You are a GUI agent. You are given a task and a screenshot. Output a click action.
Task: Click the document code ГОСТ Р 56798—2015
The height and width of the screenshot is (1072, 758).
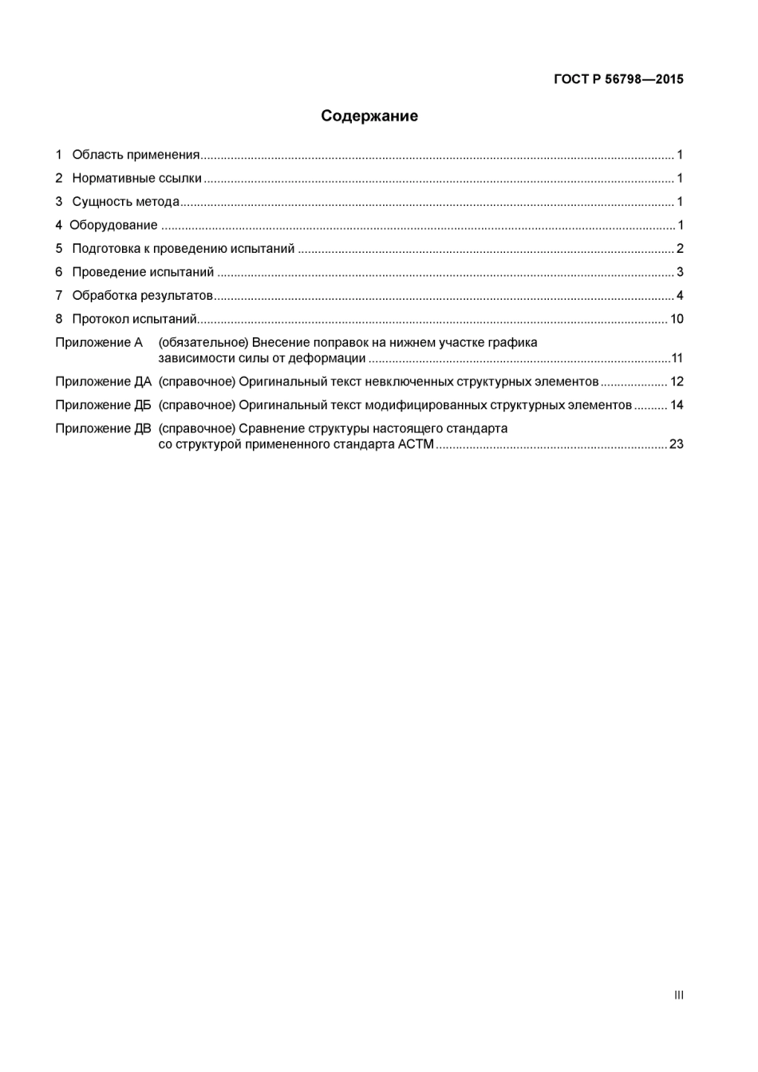(x=618, y=79)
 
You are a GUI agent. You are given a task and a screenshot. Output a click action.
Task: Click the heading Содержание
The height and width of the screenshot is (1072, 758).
(x=369, y=116)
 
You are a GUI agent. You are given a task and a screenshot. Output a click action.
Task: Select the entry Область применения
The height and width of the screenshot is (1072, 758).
(x=136, y=155)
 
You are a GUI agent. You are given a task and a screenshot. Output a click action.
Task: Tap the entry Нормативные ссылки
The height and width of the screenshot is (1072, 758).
(x=136, y=179)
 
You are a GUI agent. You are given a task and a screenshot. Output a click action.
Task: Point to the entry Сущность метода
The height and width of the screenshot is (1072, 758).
(x=125, y=202)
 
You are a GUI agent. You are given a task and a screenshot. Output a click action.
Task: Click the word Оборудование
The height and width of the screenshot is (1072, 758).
(x=113, y=225)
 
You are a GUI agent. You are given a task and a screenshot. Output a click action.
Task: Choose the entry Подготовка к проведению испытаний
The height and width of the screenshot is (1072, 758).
(x=183, y=249)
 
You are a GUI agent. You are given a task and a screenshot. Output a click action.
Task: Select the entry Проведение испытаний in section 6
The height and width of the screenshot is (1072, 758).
(x=143, y=272)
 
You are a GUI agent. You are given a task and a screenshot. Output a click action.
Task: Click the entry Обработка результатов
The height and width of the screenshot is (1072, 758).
(x=142, y=296)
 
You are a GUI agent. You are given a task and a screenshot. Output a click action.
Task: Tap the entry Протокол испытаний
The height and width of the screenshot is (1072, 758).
(x=134, y=319)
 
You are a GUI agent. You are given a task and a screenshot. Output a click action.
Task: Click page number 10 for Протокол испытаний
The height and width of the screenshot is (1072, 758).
(x=677, y=319)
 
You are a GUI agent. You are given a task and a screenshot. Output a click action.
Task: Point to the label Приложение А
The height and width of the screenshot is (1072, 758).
(x=99, y=343)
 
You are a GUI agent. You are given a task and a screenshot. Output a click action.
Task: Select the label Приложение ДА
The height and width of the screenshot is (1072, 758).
(x=103, y=382)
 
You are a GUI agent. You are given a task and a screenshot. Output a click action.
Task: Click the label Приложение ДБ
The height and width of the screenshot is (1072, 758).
(x=103, y=405)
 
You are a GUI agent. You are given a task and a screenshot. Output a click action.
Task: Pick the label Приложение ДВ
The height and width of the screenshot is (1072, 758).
(x=103, y=429)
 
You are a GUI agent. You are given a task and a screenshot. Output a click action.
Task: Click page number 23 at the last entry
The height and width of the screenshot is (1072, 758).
(x=677, y=444)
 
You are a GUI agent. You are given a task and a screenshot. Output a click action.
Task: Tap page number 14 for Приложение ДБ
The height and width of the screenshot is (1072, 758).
(x=677, y=405)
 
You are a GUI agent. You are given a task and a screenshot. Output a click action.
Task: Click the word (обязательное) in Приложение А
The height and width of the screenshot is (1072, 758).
(x=203, y=343)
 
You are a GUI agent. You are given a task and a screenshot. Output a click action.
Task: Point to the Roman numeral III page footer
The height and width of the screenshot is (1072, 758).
(x=678, y=995)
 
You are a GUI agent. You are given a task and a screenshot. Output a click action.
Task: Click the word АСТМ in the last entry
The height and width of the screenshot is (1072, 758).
(x=416, y=444)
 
